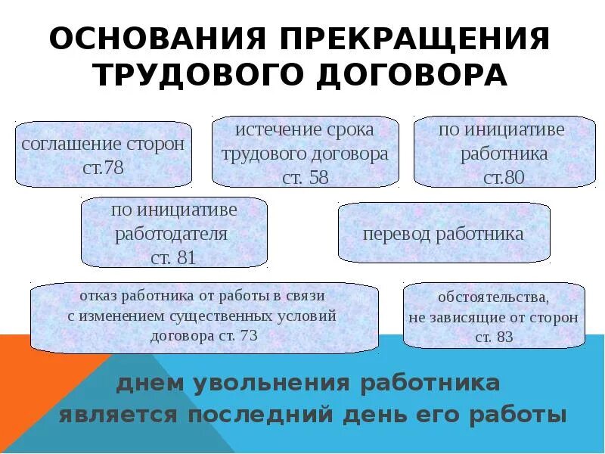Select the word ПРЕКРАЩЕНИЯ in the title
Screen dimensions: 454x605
[x=408, y=39]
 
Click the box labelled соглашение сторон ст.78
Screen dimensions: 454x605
[x=103, y=154]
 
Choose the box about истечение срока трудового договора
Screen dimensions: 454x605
[x=305, y=151]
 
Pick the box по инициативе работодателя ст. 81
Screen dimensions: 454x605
[x=173, y=232]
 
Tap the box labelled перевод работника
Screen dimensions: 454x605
[x=443, y=233]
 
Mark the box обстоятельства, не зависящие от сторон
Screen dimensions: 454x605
[x=494, y=316]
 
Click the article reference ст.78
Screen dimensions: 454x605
[x=103, y=167]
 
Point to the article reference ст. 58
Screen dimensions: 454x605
[x=306, y=178]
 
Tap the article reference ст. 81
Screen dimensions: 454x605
[x=173, y=258]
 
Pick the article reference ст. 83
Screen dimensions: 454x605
[x=494, y=337]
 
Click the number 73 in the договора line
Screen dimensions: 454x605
[x=248, y=336]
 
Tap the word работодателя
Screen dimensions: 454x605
[x=171, y=232]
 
